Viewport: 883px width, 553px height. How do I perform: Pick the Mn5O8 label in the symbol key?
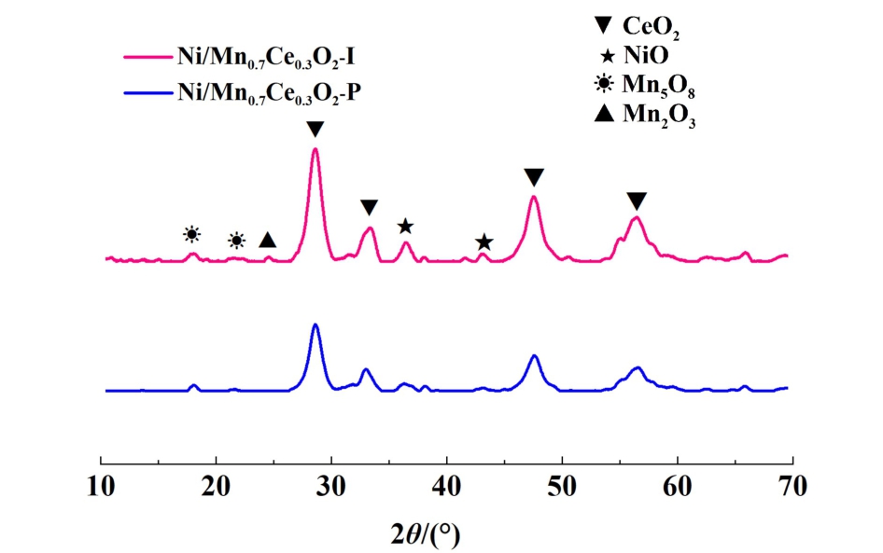click(661, 90)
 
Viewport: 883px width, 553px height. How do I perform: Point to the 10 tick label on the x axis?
click(101, 486)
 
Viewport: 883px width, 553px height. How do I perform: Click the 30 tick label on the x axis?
click(331, 486)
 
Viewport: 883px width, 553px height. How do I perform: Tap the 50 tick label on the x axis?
click(562, 486)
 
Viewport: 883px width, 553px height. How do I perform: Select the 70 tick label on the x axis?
click(792, 486)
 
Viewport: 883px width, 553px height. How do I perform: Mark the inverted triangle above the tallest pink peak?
click(315, 129)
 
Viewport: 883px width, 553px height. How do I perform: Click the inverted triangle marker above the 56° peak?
click(636, 201)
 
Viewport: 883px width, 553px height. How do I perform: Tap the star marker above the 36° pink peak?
click(405, 227)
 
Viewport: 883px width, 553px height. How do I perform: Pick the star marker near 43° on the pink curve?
click(484, 242)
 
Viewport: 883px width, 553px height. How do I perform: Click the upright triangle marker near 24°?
click(268, 241)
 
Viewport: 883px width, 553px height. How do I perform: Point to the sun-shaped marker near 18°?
click(191, 234)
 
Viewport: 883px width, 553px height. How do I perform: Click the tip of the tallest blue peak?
click(315, 325)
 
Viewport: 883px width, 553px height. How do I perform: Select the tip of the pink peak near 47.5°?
click(534, 196)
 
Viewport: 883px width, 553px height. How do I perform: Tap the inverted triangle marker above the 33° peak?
click(369, 207)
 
